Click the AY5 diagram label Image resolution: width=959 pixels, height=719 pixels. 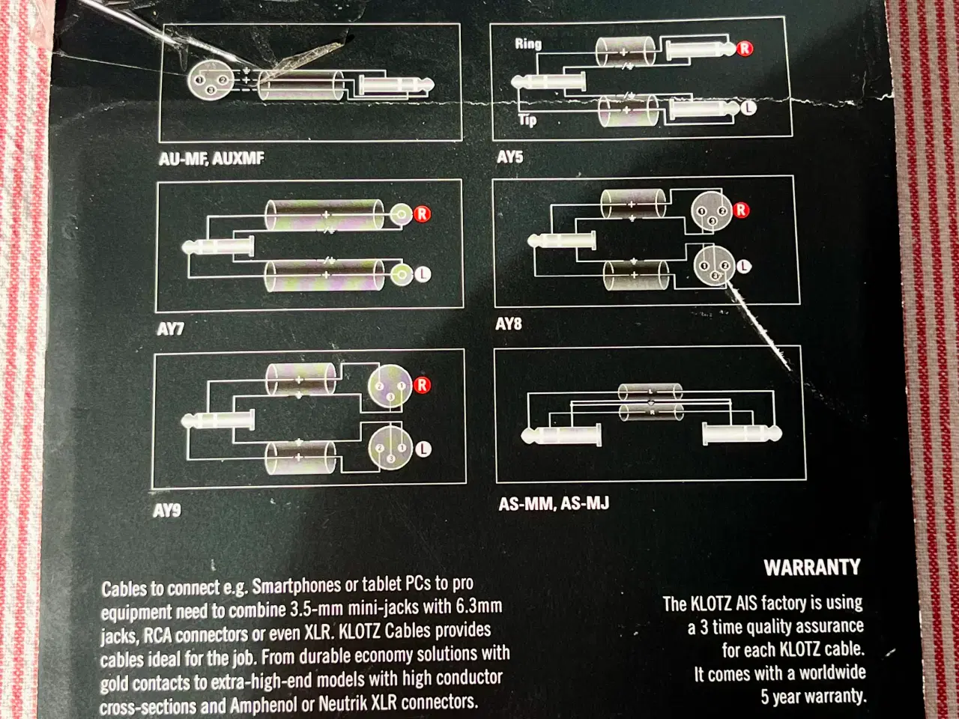pyautogui.click(x=509, y=157)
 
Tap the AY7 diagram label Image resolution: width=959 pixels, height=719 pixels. pyautogui.click(x=170, y=328)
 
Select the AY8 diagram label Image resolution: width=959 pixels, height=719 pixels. pyautogui.click(x=508, y=324)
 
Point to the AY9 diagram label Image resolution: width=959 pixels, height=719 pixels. pyautogui.click(x=166, y=510)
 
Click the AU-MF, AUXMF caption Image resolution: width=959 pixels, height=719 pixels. pyautogui.click(x=211, y=158)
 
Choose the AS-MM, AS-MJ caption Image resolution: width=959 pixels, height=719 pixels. pyautogui.click(x=554, y=504)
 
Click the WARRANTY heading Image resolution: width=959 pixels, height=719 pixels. pyautogui.click(x=812, y=568)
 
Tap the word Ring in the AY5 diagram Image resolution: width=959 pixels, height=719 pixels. pyautogui.click(x=528, y=43)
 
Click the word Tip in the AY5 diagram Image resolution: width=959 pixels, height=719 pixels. pyautogui.click(x=527, y=120)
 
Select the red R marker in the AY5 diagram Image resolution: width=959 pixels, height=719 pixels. pyautogui.click(x=745, y=49)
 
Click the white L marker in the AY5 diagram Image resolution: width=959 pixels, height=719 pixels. pyautogui.click(x=748, y=107)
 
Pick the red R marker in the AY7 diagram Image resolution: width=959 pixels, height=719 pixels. pyautogui.click(x=422, y=214)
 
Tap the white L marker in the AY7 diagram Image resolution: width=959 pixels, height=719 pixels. pyautogui.click(x=422, y=274)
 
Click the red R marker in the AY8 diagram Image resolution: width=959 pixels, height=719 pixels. pyautogui.click(x=740, y=210)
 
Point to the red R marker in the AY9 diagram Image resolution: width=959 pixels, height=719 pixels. pyautogui.click(x=422, y=385)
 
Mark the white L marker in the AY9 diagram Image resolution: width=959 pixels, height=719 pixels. pyautogui.click(x=423, y=449)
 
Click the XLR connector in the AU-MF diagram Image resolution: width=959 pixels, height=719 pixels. pyautogui.click(x=210, y=81)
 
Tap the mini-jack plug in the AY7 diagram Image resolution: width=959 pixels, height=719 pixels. pyautogui.click(x=217, y=246)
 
